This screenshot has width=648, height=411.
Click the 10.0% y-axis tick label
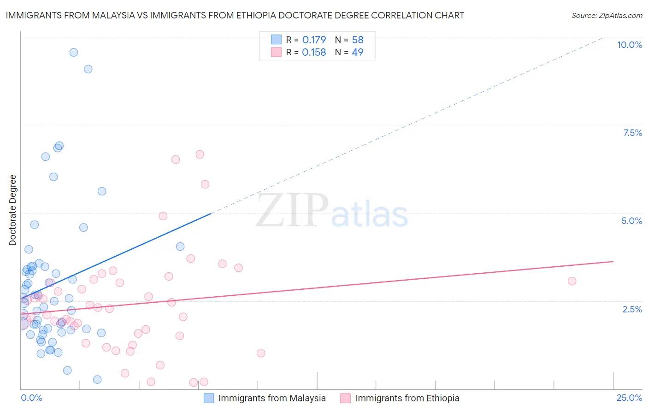(x=629, y=45)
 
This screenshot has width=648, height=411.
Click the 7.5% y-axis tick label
(x=632, y=133)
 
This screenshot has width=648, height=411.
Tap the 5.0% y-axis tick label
(x=631, y=221)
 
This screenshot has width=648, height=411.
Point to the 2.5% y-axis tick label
(x=632, y=309)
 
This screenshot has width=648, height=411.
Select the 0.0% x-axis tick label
(x=31, y=398)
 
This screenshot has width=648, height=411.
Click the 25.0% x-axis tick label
(x=629, y=398)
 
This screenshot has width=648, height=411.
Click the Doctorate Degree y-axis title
(x=13, y=210)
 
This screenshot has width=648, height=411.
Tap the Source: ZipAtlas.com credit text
(x=607, y=15)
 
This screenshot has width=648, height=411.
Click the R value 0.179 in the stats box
(x=314, y=40)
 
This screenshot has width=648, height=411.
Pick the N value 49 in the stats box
(x=358, y=53)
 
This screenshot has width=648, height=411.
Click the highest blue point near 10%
(x=74, y=53)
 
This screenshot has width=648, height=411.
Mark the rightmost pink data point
(x=572, y=281)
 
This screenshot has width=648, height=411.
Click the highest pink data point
(x=200, y=154)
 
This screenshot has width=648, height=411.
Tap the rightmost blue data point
(x=180, y=247)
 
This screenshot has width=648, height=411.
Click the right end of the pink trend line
(x=613, y=261)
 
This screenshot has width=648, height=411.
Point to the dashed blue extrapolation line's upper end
(x=603, y=37)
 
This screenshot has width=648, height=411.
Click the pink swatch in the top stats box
(x=276, y=53)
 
